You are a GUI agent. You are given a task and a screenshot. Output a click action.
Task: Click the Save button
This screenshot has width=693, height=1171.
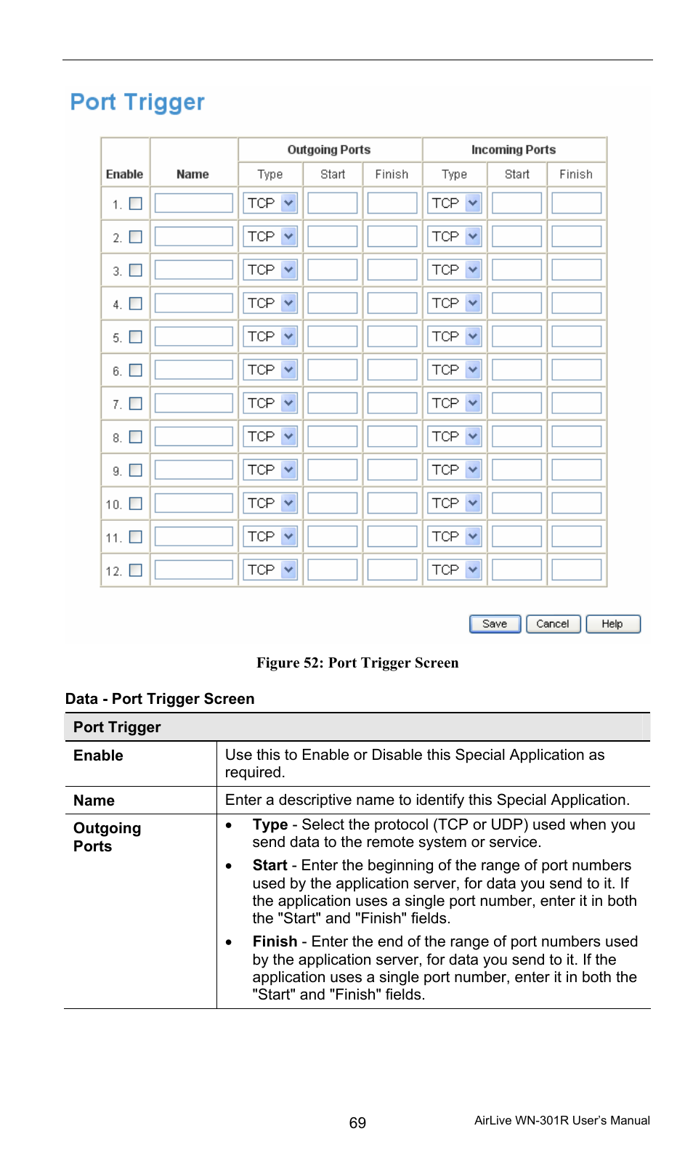tap(495, 624)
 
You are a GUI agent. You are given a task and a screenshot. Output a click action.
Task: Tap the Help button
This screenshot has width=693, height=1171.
tap(612, 624)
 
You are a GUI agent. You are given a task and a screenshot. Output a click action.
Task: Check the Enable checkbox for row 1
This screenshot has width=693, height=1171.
tap(136, 203)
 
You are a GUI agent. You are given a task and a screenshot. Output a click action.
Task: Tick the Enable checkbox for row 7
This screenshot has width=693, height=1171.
tap(136, 403)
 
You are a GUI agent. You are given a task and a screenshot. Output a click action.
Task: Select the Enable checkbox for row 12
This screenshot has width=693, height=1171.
tap(136, 570)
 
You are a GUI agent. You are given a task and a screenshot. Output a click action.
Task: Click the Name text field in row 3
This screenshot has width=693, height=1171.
tap(193, 270)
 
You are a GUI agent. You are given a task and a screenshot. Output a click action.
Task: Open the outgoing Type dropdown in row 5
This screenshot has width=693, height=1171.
tap(270, 337)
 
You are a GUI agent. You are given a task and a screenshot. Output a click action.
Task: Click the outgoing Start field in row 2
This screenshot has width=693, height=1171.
tap(332, 237)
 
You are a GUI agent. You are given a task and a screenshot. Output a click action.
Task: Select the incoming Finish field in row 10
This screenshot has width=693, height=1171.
tap(576, 503)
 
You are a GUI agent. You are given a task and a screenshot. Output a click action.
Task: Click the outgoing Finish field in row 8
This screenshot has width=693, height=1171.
tap(392, 437)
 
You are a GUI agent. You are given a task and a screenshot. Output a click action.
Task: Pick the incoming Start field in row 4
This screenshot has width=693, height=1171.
tap(516, 304)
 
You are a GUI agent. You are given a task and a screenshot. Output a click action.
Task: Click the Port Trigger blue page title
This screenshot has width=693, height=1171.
tap(137, 102)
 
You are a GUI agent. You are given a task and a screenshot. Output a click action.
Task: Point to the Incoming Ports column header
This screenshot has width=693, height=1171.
tap(514, 150)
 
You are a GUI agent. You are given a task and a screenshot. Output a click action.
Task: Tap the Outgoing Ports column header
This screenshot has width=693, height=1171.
tap(329, 150)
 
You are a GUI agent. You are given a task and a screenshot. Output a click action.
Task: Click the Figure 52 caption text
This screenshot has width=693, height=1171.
tap(357, 663)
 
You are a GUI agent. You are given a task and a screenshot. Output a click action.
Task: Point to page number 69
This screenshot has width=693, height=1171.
tap(357, 1123)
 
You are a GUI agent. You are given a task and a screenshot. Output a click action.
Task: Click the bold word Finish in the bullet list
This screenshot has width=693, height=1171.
tap(275, 941)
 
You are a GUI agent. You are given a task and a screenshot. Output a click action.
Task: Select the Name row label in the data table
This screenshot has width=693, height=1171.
tap(94, 801)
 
